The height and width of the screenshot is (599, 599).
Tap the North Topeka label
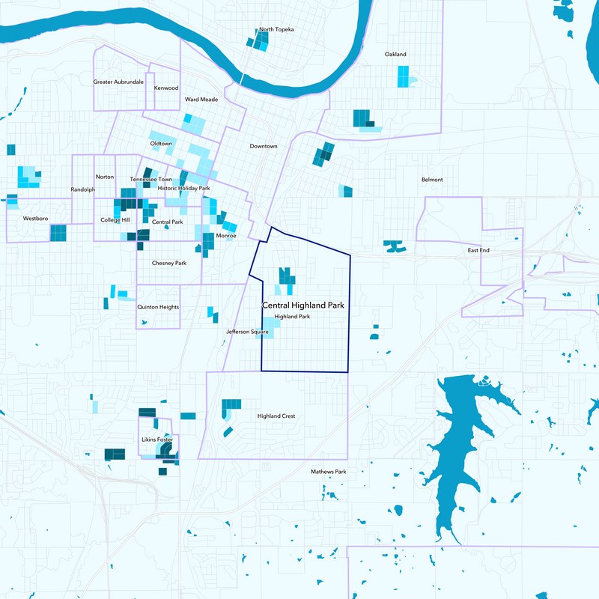pos(276,29)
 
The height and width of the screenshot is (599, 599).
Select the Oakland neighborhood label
pos(395,55)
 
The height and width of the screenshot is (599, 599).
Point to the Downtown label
pos(264,146)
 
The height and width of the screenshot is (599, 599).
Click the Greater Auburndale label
pos(118,81)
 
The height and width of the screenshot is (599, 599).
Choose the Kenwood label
pos(166,88)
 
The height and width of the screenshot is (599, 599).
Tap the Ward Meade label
pos(201,99)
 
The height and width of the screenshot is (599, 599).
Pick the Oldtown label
pos(161,143)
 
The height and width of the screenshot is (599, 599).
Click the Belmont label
pos(432,180)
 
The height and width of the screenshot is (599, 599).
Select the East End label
pos(478,250)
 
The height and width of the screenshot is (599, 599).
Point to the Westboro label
pos(36,219)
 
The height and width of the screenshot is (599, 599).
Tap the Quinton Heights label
pos(158,307)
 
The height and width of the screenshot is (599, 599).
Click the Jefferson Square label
pos(247,331)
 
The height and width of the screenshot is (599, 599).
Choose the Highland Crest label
pos(276,416)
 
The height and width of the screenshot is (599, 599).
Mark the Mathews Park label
pos(329,472)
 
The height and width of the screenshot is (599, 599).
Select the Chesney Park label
pos(168,263)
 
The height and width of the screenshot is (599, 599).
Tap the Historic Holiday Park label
pos(183,188)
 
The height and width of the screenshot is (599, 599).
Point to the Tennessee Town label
pos(151,180)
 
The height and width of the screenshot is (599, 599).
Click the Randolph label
pos(83,189)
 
